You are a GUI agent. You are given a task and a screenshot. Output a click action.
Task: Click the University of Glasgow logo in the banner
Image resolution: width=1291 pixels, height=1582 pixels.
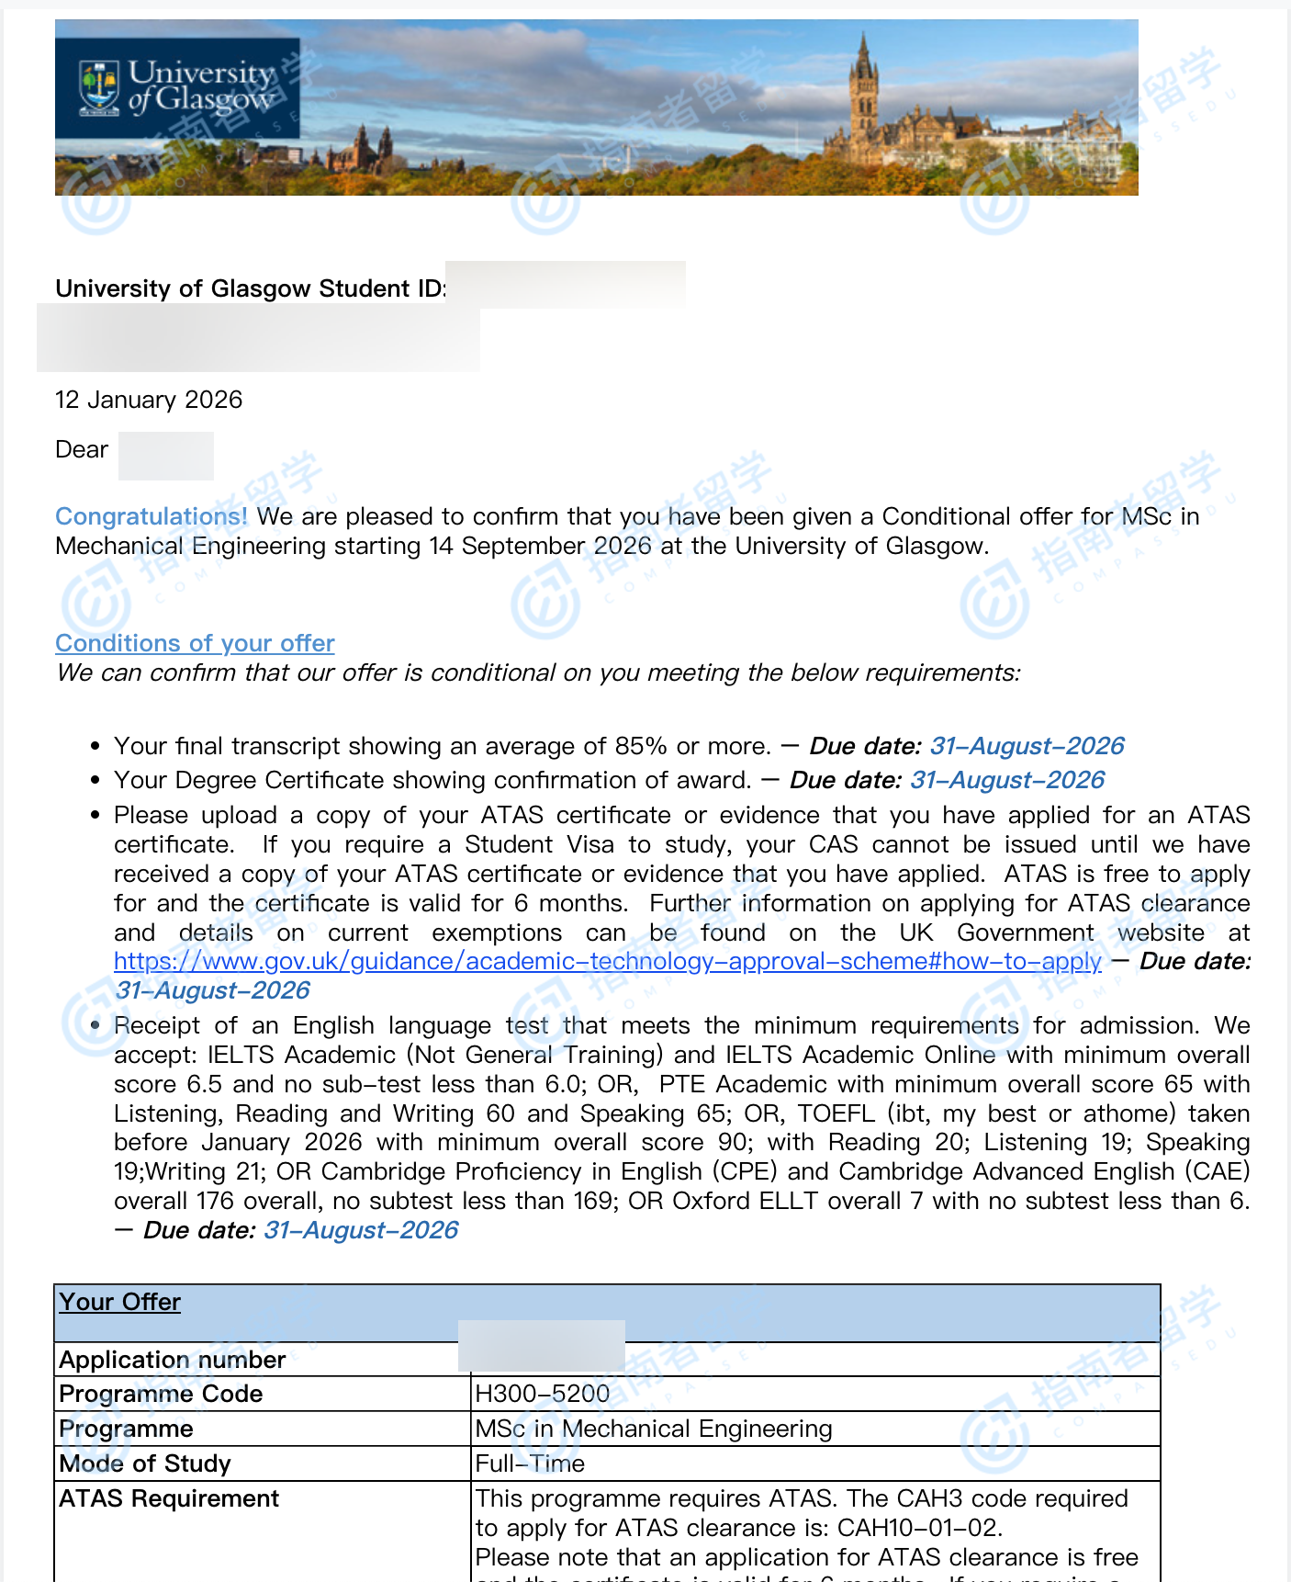[177, 88]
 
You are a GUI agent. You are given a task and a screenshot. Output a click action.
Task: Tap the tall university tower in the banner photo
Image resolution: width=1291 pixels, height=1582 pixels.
[863, 92]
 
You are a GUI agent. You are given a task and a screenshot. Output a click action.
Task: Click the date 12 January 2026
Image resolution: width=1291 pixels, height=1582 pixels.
[149, 400]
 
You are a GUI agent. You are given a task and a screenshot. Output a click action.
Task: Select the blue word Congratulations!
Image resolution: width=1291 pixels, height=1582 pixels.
[152, 516]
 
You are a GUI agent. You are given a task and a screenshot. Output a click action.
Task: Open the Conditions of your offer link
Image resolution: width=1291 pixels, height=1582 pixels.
[195, 643]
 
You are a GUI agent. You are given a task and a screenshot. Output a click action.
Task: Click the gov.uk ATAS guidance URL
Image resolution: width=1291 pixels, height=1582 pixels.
[607, 961]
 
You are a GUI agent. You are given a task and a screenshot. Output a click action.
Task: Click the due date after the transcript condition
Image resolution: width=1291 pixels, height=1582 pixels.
[1027, 746]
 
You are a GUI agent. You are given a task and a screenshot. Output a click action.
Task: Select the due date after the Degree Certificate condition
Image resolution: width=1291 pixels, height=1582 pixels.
[1006, 780]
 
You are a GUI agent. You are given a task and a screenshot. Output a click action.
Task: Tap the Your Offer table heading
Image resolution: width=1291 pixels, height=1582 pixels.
[119, 1302]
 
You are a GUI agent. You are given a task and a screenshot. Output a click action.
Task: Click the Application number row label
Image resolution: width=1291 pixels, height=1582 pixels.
[172, 1360]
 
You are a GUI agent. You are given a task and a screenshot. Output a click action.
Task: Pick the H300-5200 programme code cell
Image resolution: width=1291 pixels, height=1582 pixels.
[542, 1394]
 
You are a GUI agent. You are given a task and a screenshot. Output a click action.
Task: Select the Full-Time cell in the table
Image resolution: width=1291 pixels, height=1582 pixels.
[530, 1463]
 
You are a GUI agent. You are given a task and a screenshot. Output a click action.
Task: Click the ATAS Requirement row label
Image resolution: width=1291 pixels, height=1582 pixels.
[169, 1498]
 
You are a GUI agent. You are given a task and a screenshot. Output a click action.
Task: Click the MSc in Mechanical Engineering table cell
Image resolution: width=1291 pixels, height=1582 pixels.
[653, 1429]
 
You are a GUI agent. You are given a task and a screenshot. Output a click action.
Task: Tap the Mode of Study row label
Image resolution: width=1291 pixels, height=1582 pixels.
[144, 1463]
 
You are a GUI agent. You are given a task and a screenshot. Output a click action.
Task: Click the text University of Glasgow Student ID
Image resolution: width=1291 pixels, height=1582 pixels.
[250, 288]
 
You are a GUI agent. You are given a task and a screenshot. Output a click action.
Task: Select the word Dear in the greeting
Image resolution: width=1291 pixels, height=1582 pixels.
[82, 449]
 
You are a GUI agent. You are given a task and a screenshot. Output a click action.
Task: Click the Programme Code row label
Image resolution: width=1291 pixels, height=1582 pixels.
[161, 1394]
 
